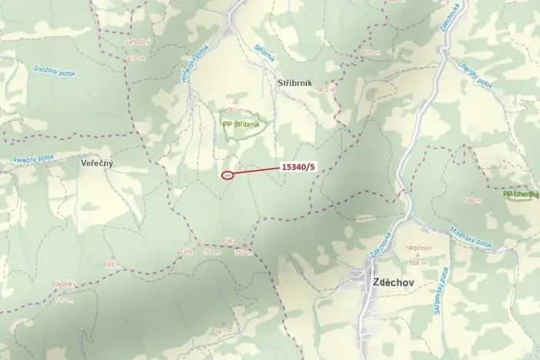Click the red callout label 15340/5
(x=298, y=165)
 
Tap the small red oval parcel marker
(x=227, y=175)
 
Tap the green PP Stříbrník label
(x=241, y=125)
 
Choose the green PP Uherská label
(x=521, y=194)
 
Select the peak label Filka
(x=228, y=242)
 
